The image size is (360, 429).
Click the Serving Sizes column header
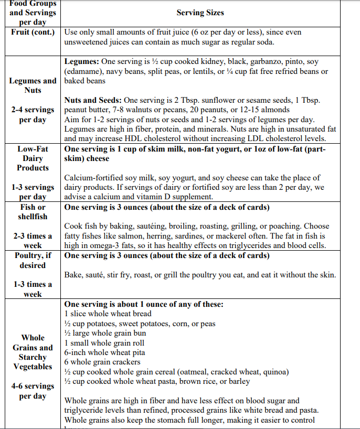pos(200,13)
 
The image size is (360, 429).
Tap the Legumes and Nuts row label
pos(33,85)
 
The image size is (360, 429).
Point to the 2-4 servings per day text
pos(33,115)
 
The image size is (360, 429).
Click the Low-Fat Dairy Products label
pos(33,158)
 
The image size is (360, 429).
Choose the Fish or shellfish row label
pos(33,212)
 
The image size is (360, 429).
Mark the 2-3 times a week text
pos(33,241)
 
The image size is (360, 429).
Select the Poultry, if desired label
pos(33,260)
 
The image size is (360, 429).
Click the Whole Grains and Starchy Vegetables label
pos(33,352)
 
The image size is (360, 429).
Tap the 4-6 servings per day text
pos(33,391)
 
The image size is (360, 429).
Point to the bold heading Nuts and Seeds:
pos(93,100)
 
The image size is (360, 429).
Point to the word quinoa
pos(273,372)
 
